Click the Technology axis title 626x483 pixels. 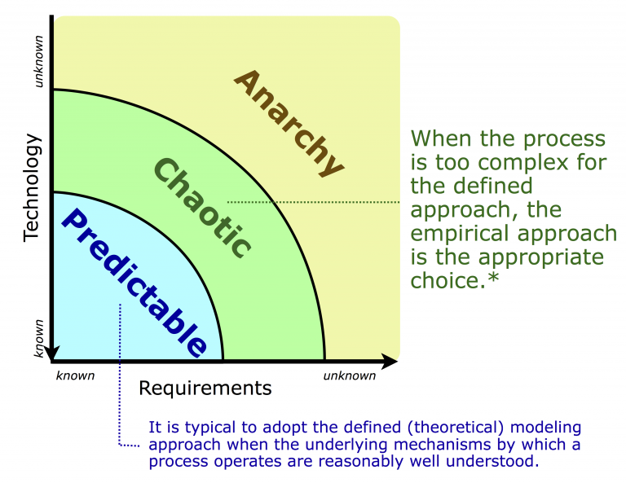32,187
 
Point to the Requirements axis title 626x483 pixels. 205,389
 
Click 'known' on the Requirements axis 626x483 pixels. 76,375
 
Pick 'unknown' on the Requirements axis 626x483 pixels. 350,375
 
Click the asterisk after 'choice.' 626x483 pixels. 495,281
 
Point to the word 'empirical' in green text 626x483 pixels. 462,234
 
